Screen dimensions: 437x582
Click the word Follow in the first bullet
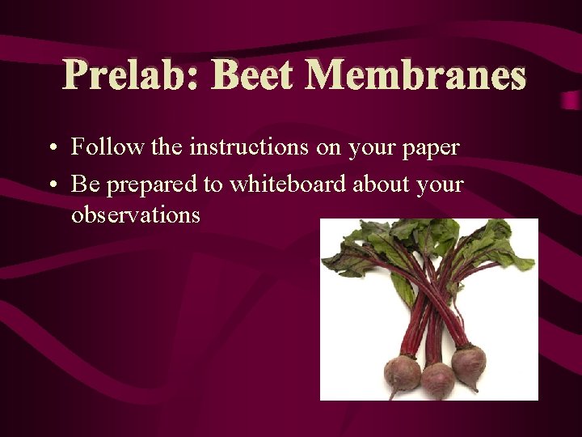coord(97,147)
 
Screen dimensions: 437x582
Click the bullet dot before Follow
coord(52,149)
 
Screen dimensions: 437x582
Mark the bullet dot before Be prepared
coord(52,185)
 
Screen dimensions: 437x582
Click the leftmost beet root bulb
coord(403,373)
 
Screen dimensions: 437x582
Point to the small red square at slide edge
coord(571,101)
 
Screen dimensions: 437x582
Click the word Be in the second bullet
coord(86,184)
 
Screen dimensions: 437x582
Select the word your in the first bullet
coord(371,149)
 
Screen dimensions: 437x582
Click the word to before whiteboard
coord(213,185)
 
